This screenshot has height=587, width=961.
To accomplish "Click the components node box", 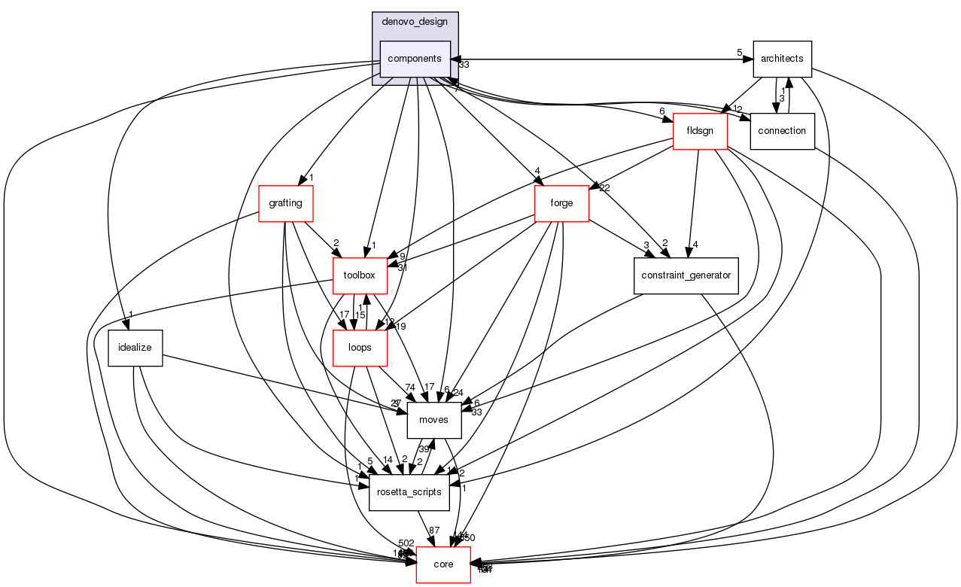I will pyautogui.click(x=415, y=59).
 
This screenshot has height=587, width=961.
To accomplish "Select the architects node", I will pyautogui.click(x=782, y=59).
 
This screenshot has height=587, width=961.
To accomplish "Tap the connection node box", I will pyautogui.click(x=783, y=131).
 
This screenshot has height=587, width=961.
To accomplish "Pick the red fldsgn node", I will pyautogui.click(x=700, y=131).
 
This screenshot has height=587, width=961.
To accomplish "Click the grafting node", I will pyautogui.click(x=285, y=203).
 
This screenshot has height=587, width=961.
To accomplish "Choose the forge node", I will pyautogui.click(x=561, y=203).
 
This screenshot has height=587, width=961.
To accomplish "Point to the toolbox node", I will pyautogui.click(x=360, y=275).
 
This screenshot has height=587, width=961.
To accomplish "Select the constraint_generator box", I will pyautogui.click(x=686, y=275).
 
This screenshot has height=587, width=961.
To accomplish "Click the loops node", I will pyautogui.click(x=360, y=348).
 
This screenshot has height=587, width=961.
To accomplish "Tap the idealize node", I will pyautogui.click(x=135, y=348).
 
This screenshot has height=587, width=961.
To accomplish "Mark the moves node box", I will pyautogui.click(x=433, y=420).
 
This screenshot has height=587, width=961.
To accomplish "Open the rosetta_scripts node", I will pyautogui.click(x=409, y=492).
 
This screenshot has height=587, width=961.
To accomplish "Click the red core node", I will pyautogui.click(x=443, y=564).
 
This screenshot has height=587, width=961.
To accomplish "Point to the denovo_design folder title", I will pyautogui.click(x=415, y=21).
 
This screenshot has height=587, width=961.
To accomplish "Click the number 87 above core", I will pyautogui.click(x=434, y=531).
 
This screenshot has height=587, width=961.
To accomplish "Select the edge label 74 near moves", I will pyautogui.click(x=410, y=387).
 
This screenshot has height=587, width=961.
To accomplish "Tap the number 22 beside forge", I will pyautogui.click(x=604, y=187).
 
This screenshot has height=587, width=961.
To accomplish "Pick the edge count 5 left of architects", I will pyautogui.click(x=740, y=53).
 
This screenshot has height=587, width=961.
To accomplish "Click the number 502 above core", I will pyautogui.click(x=406, y=543).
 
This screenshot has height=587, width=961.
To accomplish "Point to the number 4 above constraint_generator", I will pyautogui.click(x=697, y=243).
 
